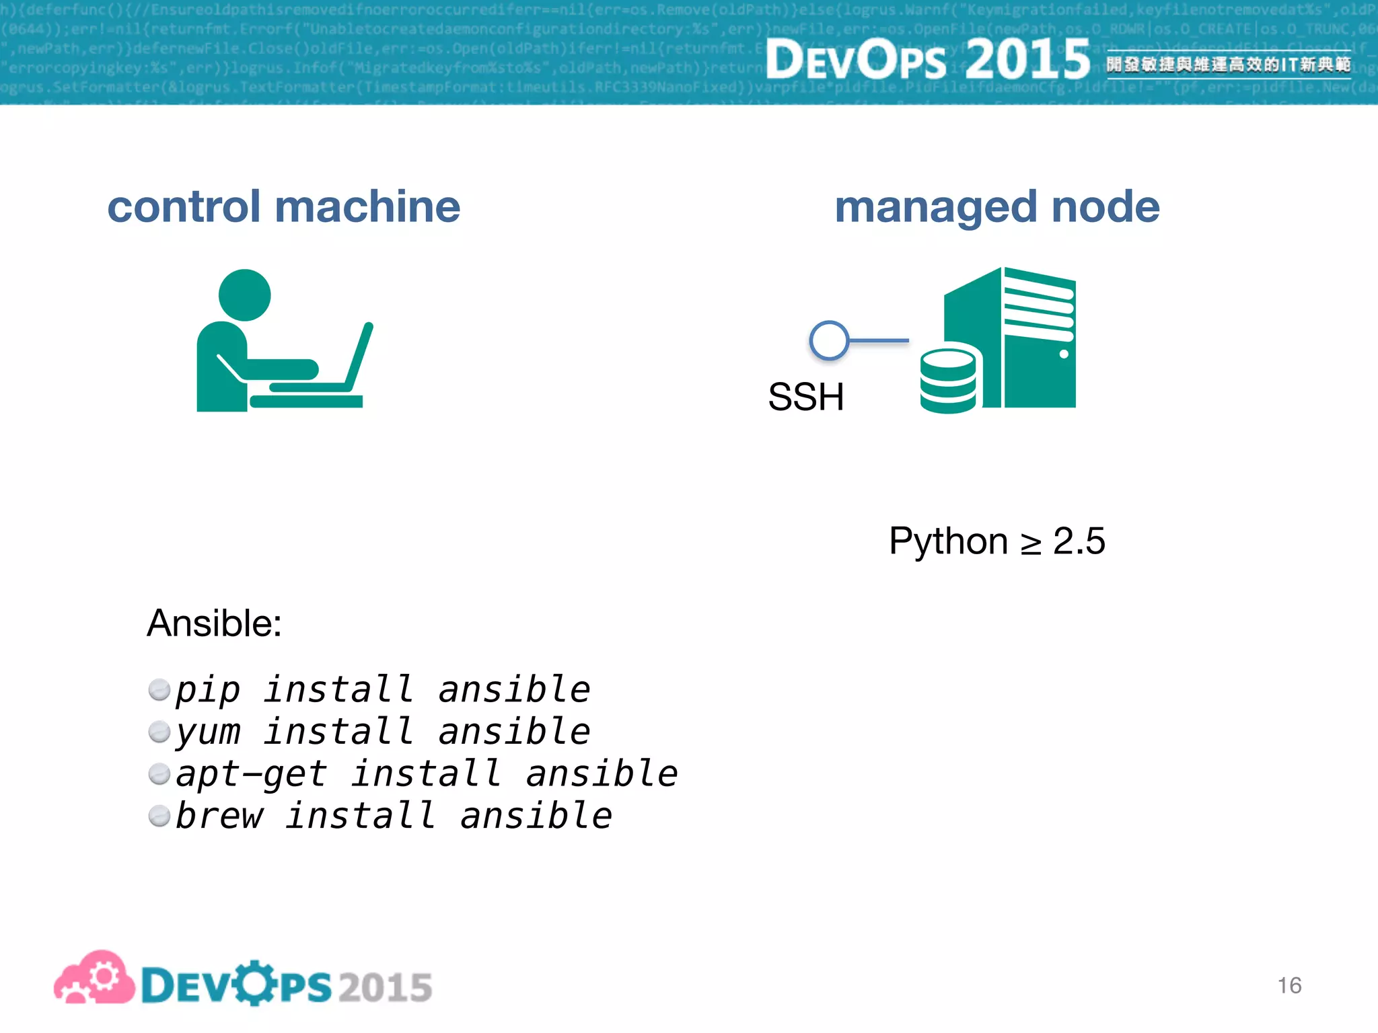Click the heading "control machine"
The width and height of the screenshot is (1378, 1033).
pos(283,206)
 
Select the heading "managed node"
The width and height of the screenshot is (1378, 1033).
pos(996,206)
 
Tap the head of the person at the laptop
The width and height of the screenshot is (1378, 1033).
pos(245,295)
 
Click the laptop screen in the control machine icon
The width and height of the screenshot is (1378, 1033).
pos(359,356)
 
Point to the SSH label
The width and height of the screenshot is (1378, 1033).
pos(805,397)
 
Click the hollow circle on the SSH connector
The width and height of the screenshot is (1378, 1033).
pos(829,340)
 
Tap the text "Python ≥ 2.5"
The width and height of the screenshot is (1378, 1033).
pos(996,541)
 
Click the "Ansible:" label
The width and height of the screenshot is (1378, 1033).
pos(214,623)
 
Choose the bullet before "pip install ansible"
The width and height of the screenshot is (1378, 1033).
pos(159,690)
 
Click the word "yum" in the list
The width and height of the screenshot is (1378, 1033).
pos(208,732)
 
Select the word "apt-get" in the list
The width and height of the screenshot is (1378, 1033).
pos(251,773)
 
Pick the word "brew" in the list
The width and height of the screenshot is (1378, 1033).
pos(219,816)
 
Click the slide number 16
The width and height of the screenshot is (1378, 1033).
pos(1289,985)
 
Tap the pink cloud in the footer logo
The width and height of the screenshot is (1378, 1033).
pos(94,979)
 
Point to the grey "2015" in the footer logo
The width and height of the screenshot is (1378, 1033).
pos(385,987)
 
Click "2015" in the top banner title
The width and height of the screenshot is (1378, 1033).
pos(1027,59)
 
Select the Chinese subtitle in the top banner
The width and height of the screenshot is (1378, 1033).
pos(1228,65)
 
